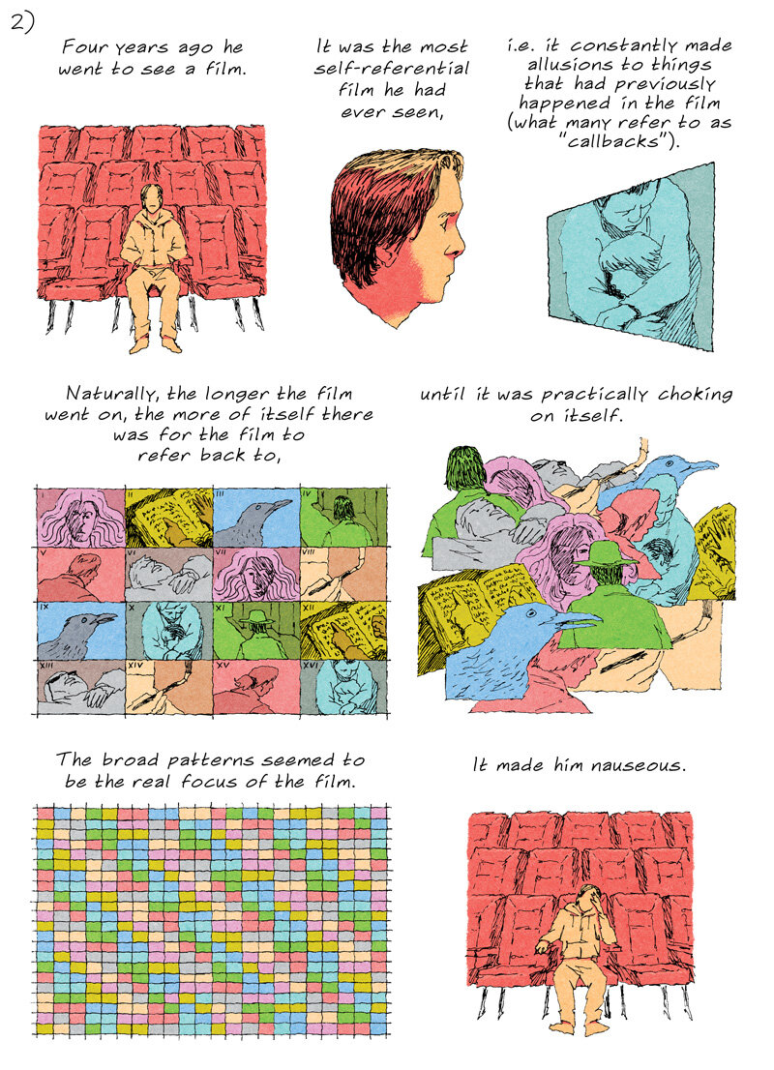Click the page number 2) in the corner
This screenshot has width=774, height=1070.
point(22,22)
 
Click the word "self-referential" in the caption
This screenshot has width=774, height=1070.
point(392,69)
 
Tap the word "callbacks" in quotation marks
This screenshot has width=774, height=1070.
point(617,141)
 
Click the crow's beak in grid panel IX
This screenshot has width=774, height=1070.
point(105,618)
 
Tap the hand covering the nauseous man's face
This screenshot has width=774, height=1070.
point(593,905)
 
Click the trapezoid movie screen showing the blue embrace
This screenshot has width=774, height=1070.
point(632,256)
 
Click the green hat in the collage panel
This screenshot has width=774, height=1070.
point(606,553)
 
